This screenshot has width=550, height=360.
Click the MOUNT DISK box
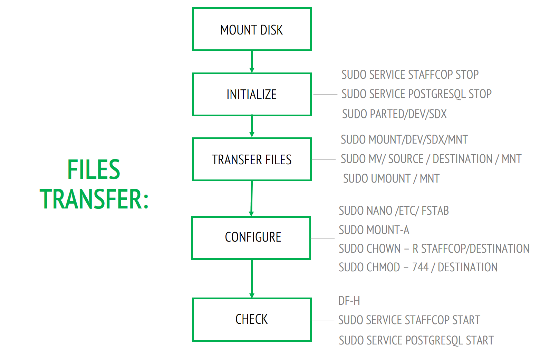pos(252,29)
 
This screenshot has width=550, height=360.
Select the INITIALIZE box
pos(252,94)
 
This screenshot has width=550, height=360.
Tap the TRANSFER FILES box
pos(252,159)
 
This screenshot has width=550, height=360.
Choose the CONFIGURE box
pos(251,238)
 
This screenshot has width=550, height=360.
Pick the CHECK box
pos(252,320)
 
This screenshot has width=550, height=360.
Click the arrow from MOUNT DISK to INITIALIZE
pos(252,61)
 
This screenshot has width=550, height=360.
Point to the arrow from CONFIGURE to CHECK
pos(252,278)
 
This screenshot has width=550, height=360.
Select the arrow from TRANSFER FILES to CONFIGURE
pos(252,198)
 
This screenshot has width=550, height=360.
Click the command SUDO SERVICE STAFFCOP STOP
pos(410,75)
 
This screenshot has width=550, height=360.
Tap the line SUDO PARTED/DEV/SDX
pos(394,114)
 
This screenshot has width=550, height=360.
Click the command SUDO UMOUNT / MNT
pos(391,179)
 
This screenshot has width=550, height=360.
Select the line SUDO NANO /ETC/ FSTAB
pos(394,211)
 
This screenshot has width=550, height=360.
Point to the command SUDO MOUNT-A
pos(374,230)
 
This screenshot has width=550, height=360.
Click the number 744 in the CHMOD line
pos(420,267)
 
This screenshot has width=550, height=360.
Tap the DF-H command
pos(349,301)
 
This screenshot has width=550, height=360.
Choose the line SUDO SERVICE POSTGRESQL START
pos(416,340)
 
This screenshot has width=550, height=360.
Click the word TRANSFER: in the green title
pos(94,199)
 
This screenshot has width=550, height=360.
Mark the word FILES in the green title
pos(94,169)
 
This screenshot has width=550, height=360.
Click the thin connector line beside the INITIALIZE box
pos(325,94)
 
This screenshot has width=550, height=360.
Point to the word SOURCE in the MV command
pos(406,159)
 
